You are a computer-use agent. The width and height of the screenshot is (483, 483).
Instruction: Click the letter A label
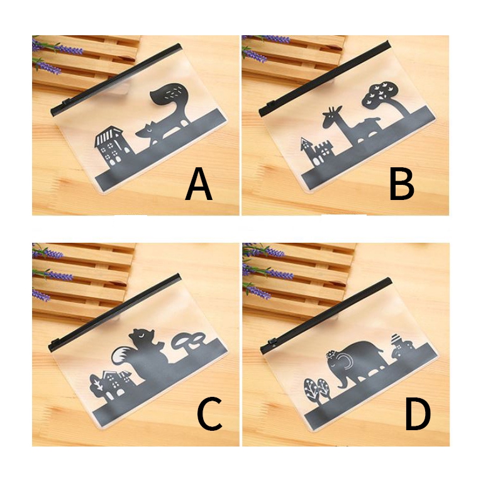click(x=199, y=184)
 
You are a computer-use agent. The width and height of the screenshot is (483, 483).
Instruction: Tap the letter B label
click(x=402, y=184)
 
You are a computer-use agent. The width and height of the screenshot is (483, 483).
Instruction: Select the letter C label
click(x=209, y=414)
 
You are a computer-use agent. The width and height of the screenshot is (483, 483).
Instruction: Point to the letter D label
click(x=418, y=414)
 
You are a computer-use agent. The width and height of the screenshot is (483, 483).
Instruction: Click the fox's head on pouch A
click(x=147, y=132)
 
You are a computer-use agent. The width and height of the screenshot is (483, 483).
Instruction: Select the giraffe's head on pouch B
click(x=332, y=116)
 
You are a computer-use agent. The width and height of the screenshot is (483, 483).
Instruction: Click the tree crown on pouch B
click(x=378, y=93)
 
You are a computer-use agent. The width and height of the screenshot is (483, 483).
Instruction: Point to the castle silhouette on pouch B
click(x=317, y=152)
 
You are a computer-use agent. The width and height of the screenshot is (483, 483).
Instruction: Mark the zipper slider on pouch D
click(x=272, y=342)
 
